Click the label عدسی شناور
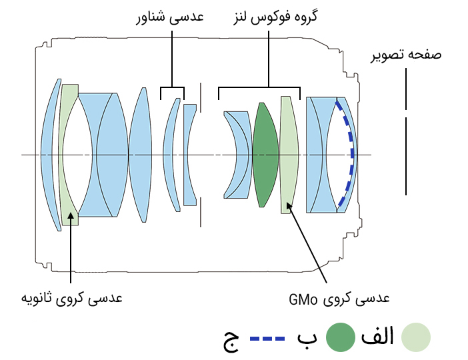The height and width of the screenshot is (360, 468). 169,18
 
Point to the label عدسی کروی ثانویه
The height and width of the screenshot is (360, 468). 72,297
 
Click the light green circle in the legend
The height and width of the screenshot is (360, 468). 417,337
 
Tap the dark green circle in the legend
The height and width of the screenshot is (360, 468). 339,337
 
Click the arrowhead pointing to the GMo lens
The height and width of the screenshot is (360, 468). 289,207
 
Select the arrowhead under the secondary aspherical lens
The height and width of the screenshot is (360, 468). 71,216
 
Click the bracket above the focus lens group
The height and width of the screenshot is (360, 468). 269,87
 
